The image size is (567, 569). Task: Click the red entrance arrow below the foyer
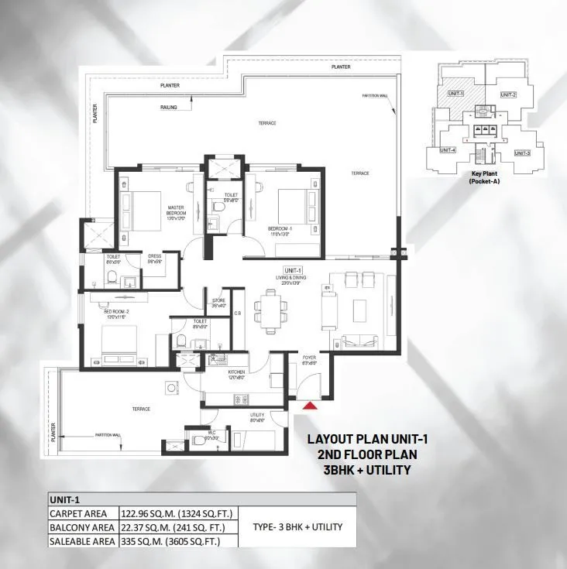309,405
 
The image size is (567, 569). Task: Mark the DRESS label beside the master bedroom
154,259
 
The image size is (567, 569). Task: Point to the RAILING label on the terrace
169,107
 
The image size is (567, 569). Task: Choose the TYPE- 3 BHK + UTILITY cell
297,527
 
